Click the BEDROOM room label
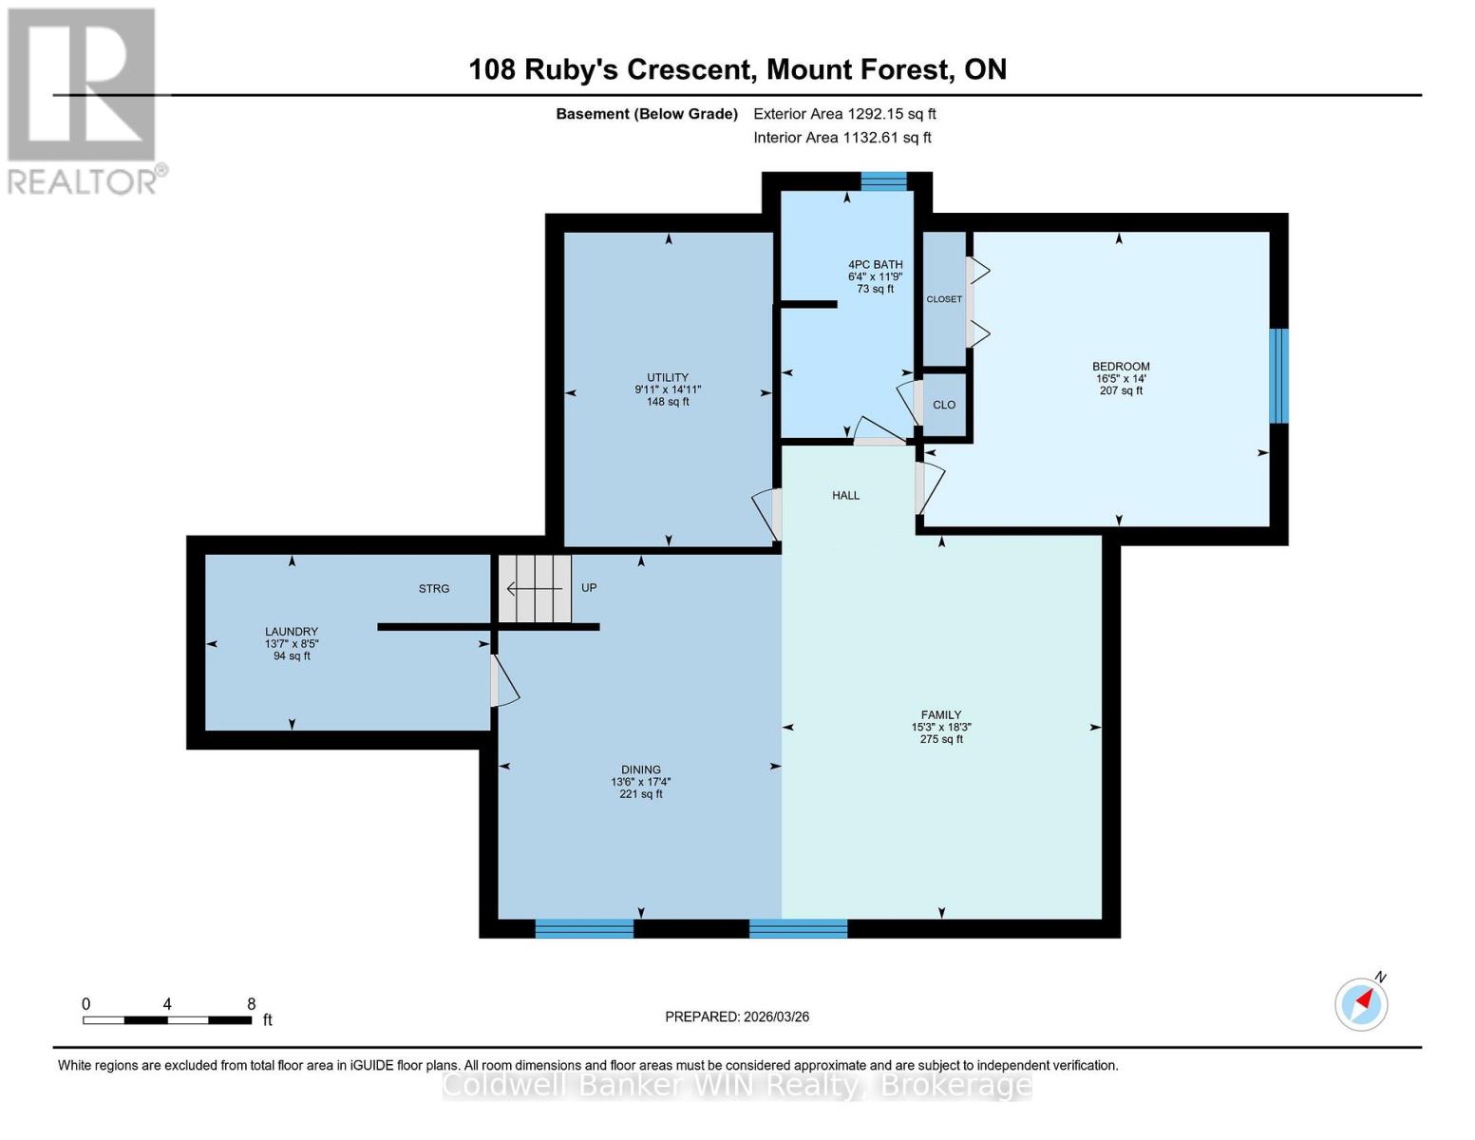[x=1121, y=367]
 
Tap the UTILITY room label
[x=668, y=378]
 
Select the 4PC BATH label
[x=875, y=265]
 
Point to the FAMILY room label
[x=940, y=715]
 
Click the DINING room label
[x=641, y=770]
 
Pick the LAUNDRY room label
[x=292, y=632]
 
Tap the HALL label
[x=845, y=496]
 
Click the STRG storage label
[x=434, y=589]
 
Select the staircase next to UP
[x=536, y=589]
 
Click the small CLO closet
[x=944, y=405]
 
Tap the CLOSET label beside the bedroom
[x=944, y=299]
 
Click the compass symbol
[x=1362, y=1003]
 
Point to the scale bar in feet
[x=167, y=1020]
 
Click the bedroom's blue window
[x=1278, y=376]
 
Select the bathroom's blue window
[x=883, y=181]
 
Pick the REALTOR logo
[x=84, y=101]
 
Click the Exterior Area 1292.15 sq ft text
[x=844, y=114]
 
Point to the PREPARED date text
[x=737, y=1016]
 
